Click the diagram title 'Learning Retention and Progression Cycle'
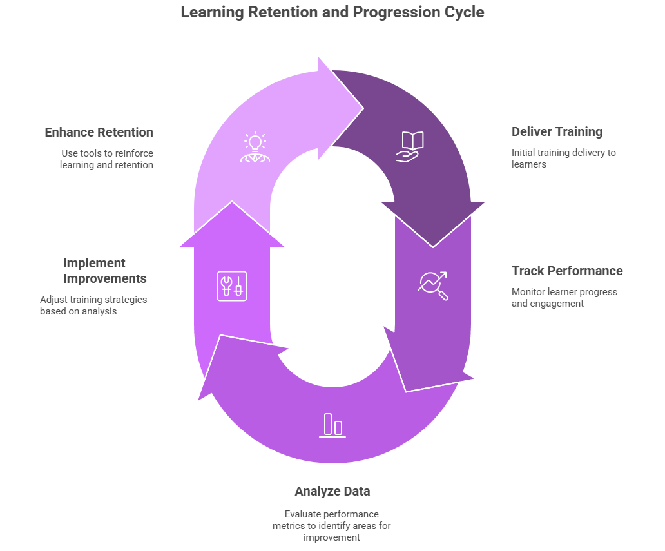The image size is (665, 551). [332, 12]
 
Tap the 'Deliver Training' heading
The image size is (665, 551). [557, 132]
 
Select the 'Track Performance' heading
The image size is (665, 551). [567, 271]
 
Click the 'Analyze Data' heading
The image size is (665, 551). [332, 492]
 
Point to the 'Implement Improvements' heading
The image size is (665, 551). [104, 271]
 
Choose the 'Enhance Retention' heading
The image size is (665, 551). [99, 133]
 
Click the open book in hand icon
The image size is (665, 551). [410, 146]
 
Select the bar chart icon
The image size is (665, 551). [332, 425]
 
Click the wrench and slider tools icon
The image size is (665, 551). [231, 285]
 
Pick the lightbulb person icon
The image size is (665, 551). [254, 148]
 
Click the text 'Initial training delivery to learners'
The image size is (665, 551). [563, 159]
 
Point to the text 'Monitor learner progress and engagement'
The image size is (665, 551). [564, 297]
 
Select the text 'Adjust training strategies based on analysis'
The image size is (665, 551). [93, 305]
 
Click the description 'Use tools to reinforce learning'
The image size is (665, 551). [106, 159]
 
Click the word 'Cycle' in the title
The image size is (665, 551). [464, 12]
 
